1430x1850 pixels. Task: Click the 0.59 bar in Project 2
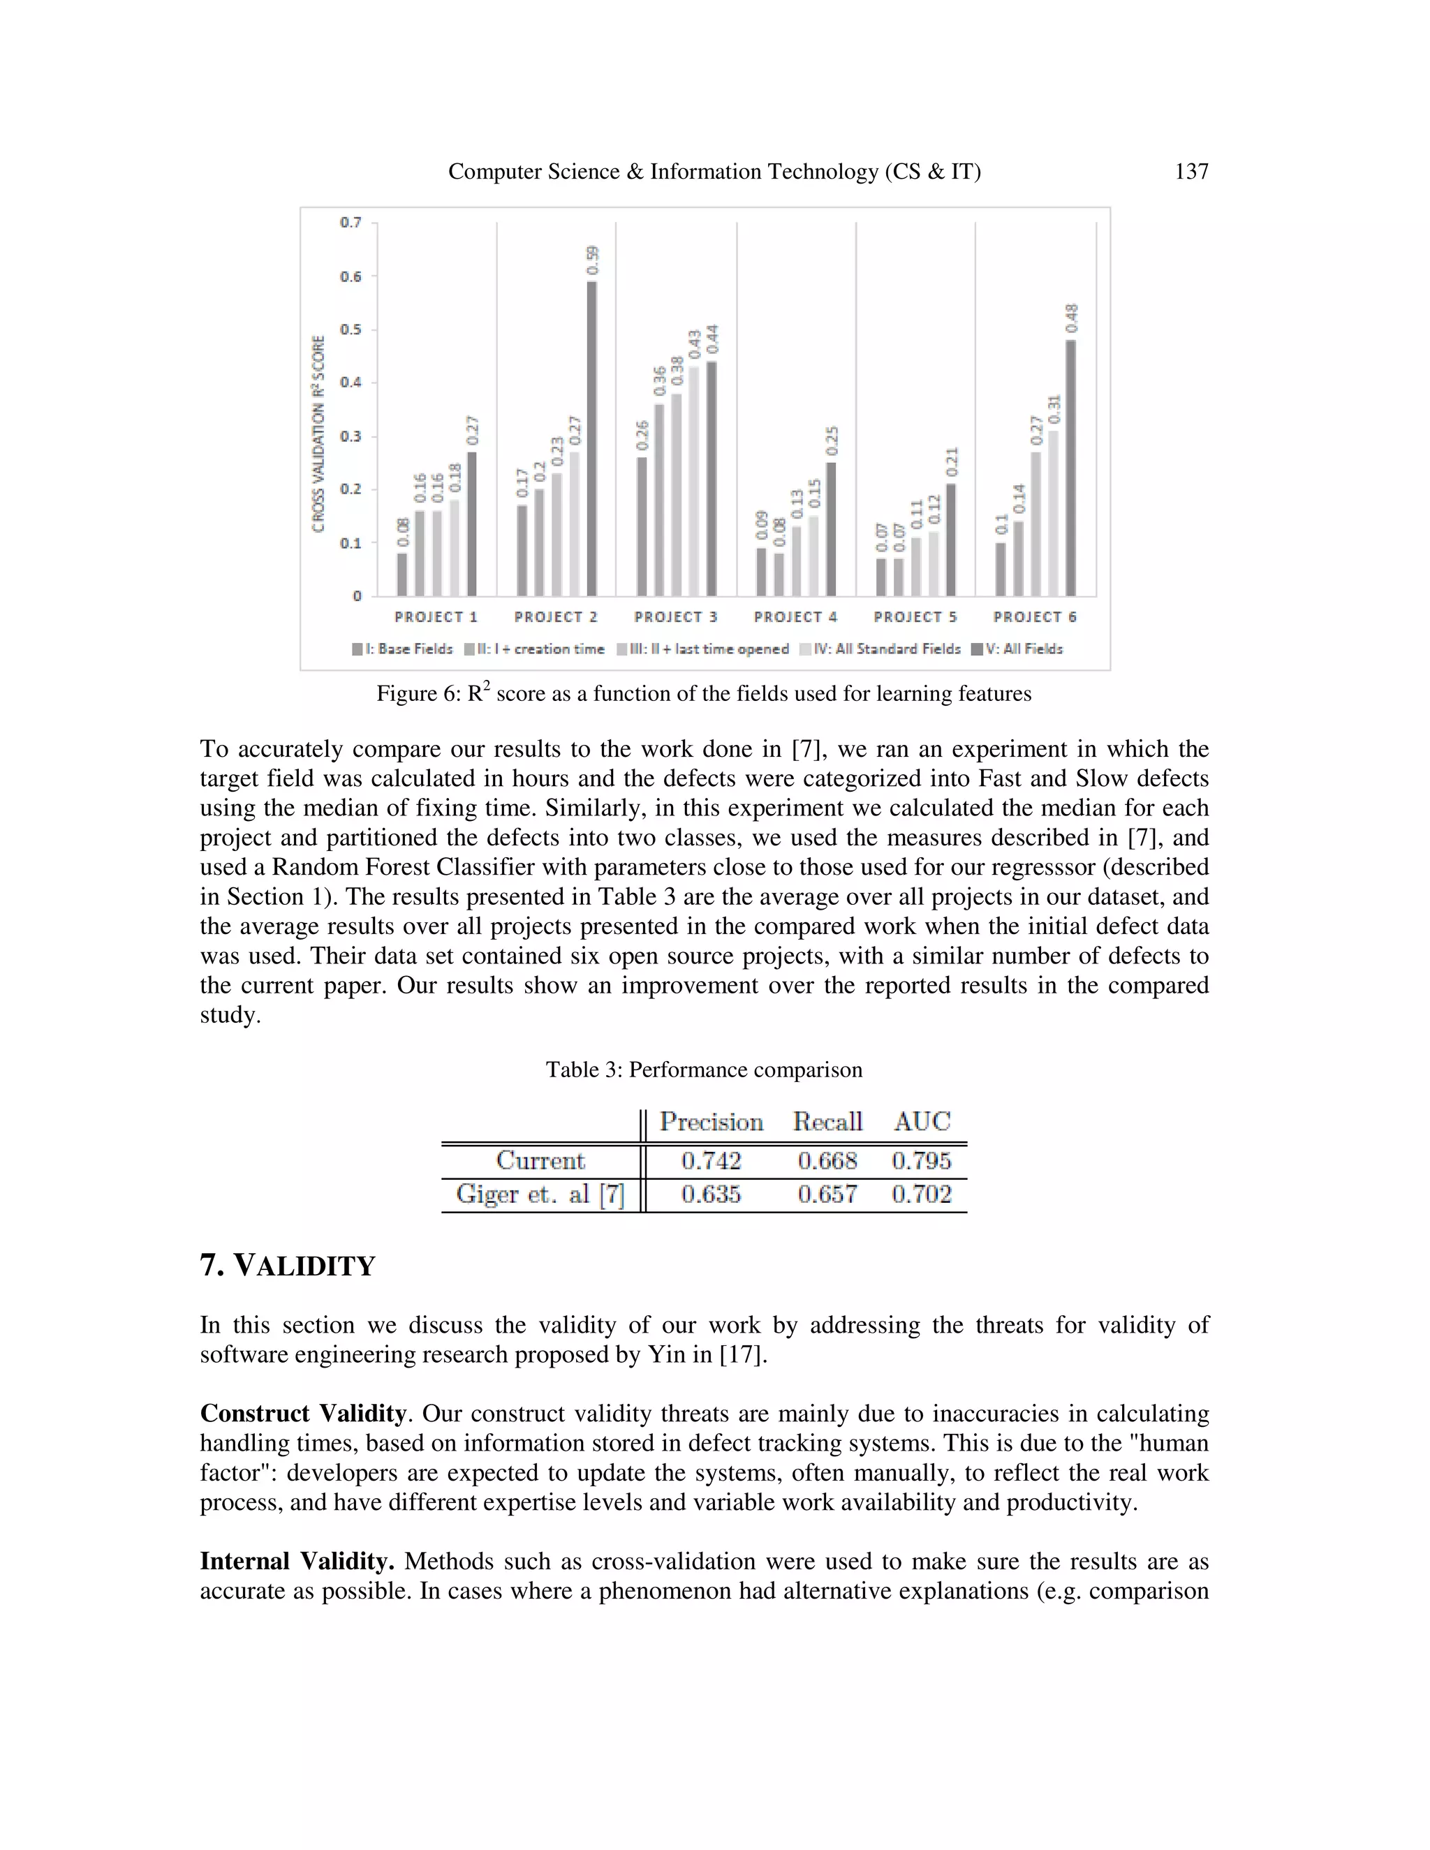591,439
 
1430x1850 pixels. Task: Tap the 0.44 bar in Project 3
712,479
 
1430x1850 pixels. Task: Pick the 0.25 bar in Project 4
831,529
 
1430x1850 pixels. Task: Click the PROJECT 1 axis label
436,616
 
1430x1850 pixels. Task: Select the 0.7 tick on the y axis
351,223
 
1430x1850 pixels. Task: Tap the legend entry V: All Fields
1017,649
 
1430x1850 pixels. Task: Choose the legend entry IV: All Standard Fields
880,649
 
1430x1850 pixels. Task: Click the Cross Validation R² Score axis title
318,434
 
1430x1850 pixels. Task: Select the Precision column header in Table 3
711,1122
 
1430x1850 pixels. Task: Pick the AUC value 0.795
921,1160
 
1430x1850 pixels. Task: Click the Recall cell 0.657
827,1194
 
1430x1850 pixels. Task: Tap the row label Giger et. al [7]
540,1194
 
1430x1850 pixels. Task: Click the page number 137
1191,172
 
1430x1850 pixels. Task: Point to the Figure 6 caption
704,694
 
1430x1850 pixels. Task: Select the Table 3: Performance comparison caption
704,1070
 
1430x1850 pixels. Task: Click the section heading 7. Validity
287,1266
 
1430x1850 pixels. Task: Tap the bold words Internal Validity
297,1561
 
